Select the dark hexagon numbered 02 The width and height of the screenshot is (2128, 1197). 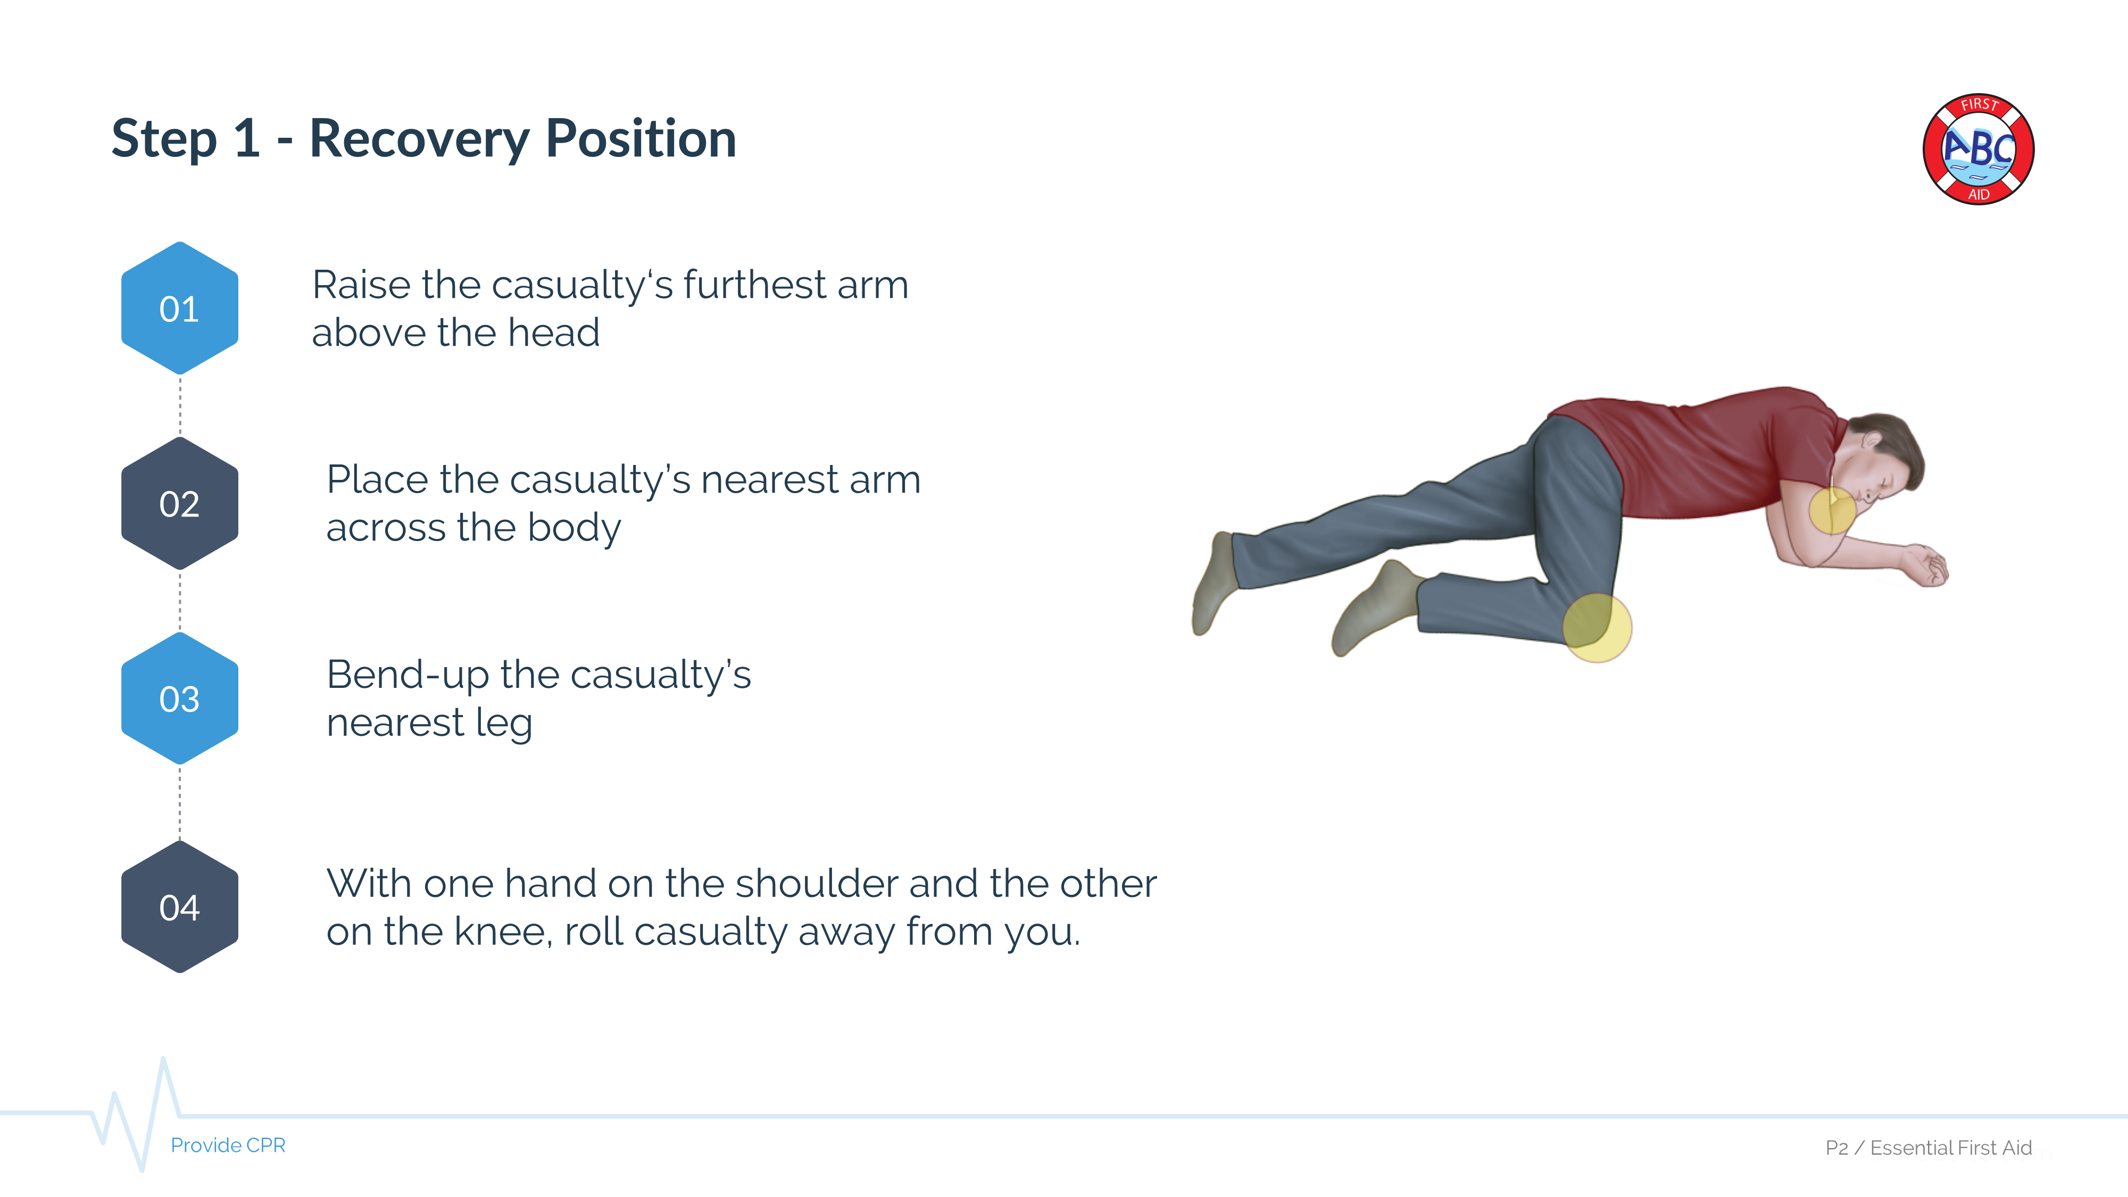(x=179, y=504)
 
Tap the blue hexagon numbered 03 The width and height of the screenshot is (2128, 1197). (x=179, y=699)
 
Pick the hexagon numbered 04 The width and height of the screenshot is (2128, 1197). (x=179, y=907)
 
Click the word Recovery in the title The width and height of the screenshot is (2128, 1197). (x=419, y=139)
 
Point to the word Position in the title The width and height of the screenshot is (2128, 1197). (x=640, y=139)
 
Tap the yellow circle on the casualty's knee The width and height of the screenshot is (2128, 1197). (x=1597, y=628)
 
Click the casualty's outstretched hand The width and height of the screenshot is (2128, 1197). (x=1929, y=566)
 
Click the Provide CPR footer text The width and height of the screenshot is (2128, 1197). (x=228, y=1145)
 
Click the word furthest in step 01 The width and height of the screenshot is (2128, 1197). (x=754, y=285)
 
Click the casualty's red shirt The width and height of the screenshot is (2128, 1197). (x=1693, y=454)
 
